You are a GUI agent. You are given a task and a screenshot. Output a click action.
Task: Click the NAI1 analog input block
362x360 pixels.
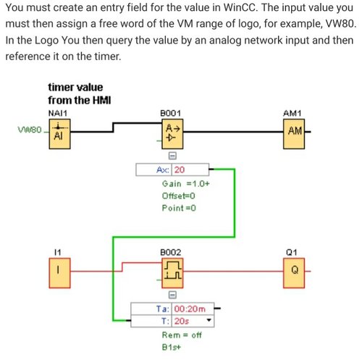[x=59, y=134]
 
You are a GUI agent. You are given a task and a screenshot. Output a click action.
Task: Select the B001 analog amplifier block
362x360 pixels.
[x=172, y=134]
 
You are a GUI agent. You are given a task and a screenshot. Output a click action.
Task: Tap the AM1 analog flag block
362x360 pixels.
[x=294, y=134]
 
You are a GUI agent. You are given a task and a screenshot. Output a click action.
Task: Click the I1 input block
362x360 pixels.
[x=59, y=273]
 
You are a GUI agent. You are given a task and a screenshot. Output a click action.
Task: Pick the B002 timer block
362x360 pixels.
[x=172, y=273]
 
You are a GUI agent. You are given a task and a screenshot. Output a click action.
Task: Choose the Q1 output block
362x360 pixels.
[x=294, y=273]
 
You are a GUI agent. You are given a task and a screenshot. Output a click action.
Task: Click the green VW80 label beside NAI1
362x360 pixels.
[x=30, y=130]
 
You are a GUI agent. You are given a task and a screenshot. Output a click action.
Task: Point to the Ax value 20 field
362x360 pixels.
[x=190, y=169]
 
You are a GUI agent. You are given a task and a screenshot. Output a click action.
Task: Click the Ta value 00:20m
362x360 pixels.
[x=190, y=309]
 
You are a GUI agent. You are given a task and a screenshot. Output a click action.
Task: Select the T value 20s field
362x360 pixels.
[x=193, y=321]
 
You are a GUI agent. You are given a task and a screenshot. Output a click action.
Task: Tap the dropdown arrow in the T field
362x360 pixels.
[x=209, y=320]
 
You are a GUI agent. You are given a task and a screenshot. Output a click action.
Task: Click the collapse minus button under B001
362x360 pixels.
[x=172, y=156]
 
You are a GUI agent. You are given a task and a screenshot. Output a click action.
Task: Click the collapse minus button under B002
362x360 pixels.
[x=172, y=295]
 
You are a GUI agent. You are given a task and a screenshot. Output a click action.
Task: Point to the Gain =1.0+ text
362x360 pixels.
[x=185, y=184]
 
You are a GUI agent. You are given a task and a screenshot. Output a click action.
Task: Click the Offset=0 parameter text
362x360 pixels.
[x=178, y=196]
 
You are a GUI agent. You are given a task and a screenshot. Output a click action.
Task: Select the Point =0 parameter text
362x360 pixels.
[x=179, y=208]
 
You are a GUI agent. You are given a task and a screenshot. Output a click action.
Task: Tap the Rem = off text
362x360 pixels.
[x=182, y=335]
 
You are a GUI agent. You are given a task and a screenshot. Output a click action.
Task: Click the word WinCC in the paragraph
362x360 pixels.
[x=240, y=8]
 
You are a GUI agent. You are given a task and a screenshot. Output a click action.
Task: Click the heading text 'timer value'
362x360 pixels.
[x=75, y=87]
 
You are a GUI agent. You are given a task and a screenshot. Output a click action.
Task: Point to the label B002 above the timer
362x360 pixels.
[x=171, y=252]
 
